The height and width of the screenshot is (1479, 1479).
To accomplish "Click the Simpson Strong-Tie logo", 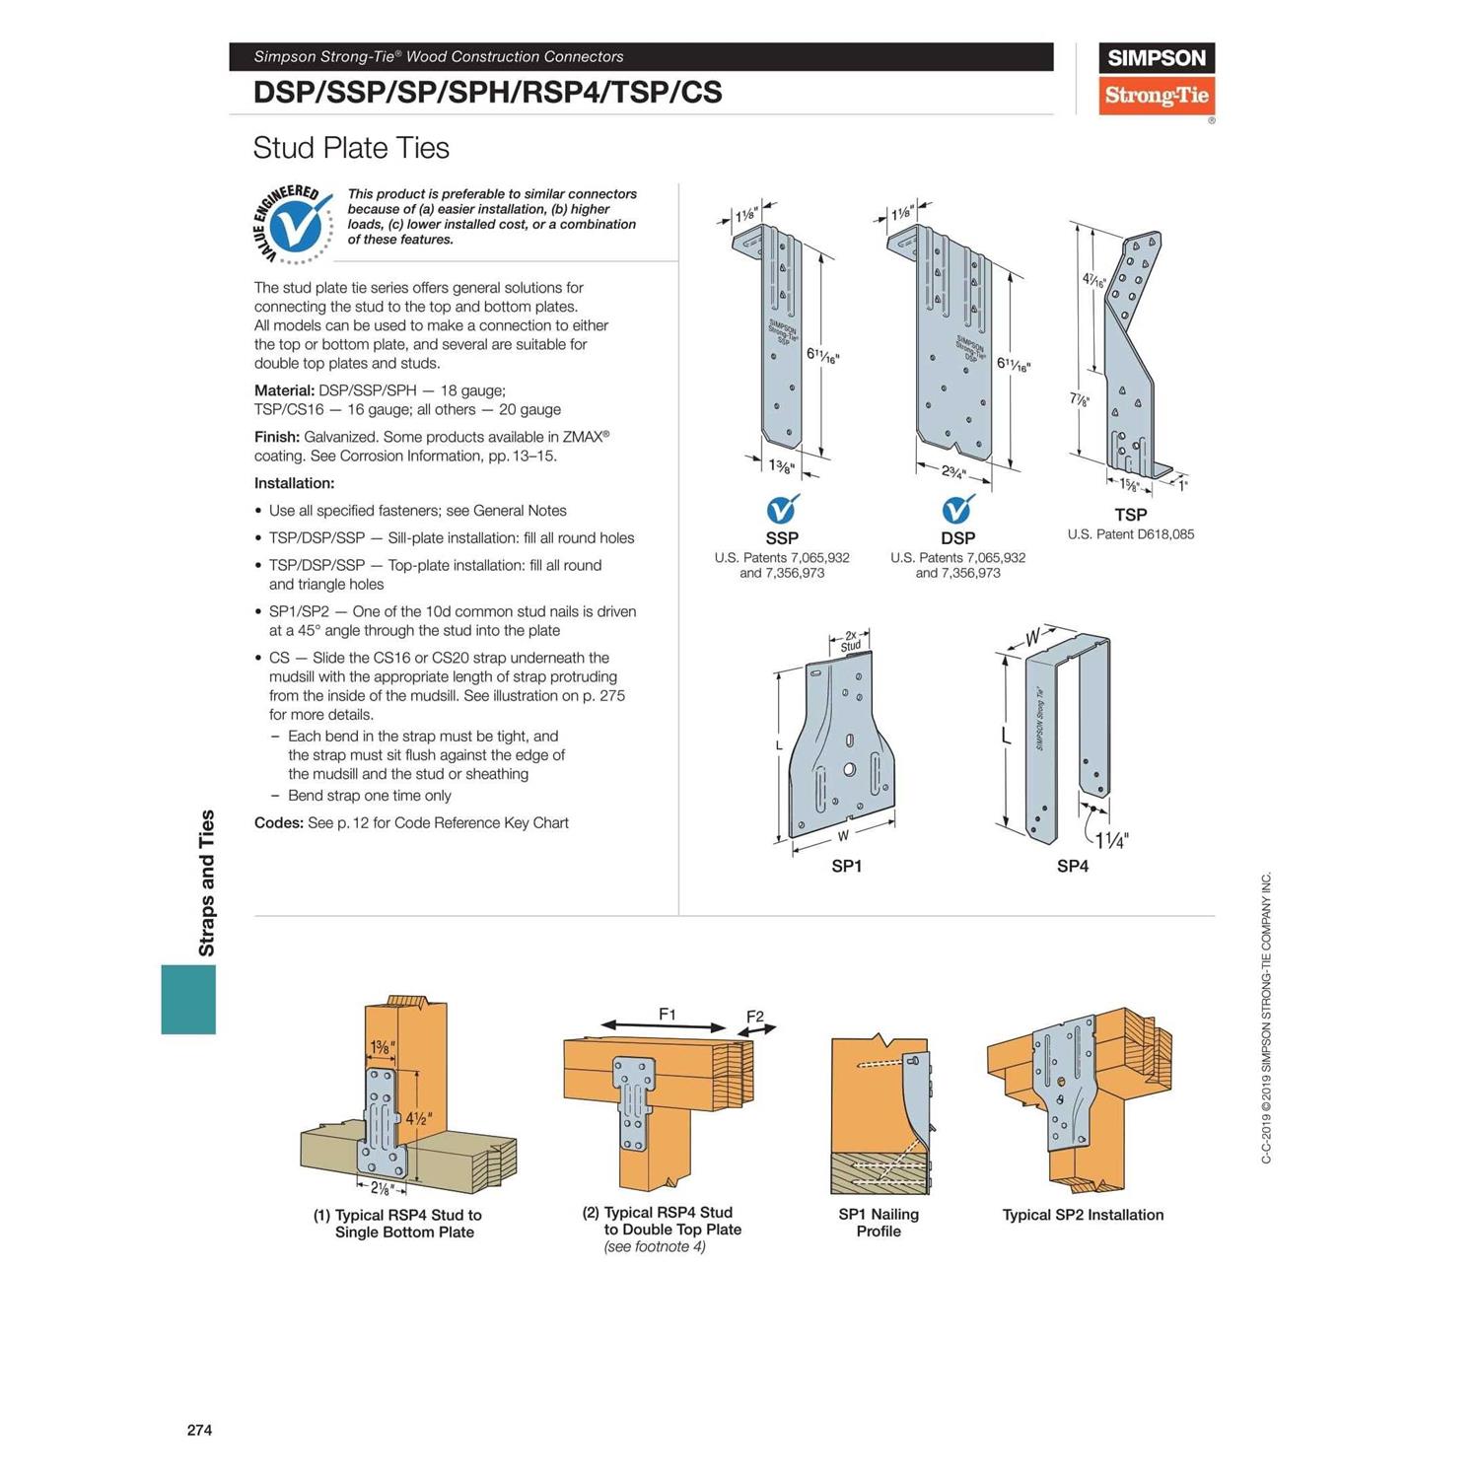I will pos(1156,79).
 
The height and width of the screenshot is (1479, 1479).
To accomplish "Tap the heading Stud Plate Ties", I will pos(351,148).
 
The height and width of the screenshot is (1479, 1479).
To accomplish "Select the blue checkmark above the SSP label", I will pos(782,509).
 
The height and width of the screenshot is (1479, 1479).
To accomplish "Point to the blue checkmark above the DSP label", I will pos(956,509).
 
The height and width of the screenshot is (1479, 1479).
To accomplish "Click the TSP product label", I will pos(1130,515).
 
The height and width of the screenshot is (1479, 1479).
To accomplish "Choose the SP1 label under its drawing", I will pos(846,866).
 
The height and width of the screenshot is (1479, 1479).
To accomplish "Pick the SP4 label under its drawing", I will pos(1072,866).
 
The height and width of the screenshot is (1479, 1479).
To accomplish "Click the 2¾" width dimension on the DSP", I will pos(952,471).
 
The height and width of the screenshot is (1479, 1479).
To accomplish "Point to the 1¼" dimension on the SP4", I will pos(1111,840).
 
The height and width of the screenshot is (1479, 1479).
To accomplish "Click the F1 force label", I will pos(668,1014).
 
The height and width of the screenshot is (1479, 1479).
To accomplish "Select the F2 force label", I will pos(755,1017).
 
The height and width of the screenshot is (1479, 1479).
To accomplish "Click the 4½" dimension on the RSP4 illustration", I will pos(419,1119).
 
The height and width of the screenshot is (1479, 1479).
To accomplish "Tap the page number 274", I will pos(199,1430).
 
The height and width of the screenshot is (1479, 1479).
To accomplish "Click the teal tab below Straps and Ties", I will pos(188,999).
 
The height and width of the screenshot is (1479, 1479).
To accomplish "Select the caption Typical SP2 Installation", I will pos(1083,1215).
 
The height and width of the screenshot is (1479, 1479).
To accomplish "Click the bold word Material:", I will pos(284,390).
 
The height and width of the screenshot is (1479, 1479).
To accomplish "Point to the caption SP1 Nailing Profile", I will pos(879,1223).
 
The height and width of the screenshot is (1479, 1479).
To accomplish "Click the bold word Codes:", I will pos(278,822).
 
